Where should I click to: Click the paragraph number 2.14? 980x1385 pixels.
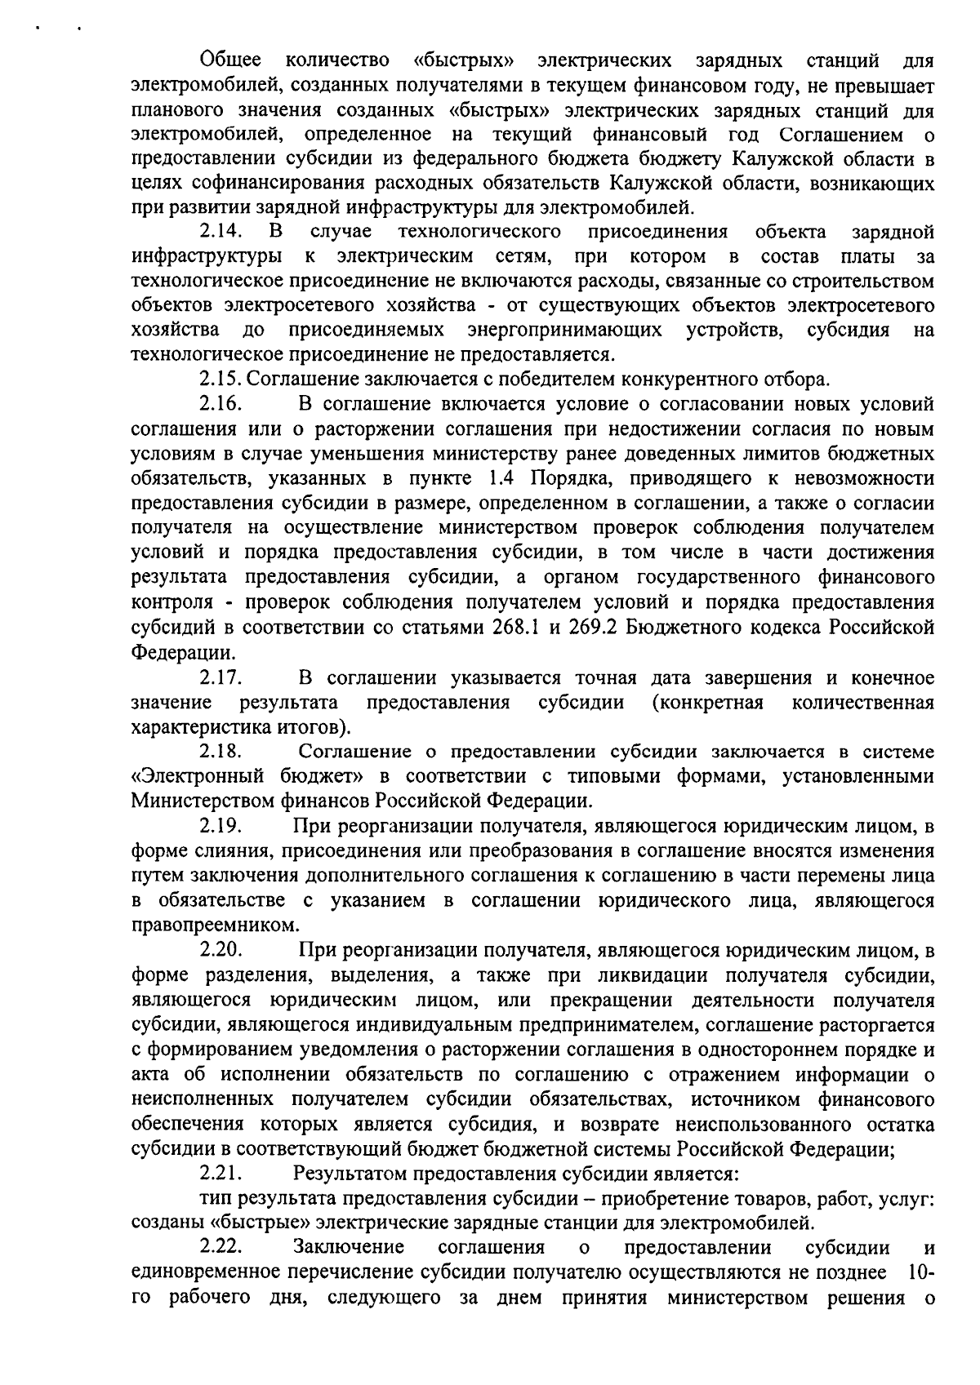click(x=220, y=232)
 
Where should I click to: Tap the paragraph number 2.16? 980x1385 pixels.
click(x=220, y=404)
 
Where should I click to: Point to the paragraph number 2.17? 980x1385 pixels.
click(x=220, y=678)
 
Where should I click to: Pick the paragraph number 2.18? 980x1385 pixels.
click(x=220, y=752)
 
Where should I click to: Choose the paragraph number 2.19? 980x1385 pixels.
click(x=220, y=827)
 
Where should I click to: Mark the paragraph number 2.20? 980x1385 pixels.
click(x=220, y=951)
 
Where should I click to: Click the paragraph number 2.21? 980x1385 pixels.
click(x=220, y=1174)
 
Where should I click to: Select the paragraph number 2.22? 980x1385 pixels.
click(x=220, y=1248)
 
